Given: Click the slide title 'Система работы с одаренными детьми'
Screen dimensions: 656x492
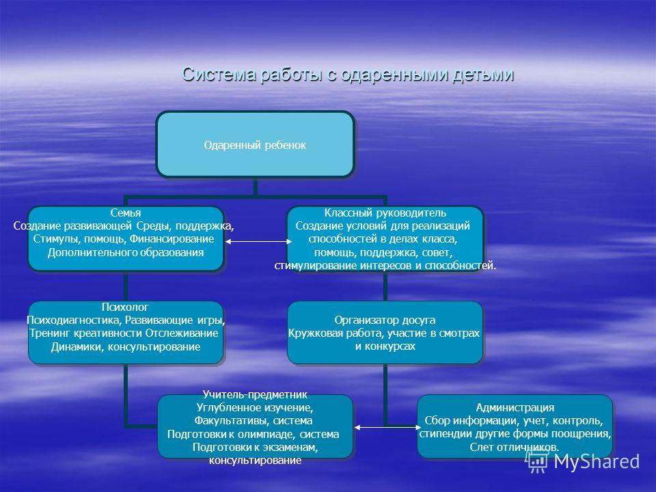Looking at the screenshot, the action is tap(348, 74).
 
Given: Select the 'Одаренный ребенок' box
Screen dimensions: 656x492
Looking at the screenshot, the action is tap(255, 144).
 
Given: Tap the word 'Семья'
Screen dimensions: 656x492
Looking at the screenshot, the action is tap(126, 213).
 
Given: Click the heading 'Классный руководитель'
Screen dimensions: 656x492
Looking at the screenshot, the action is tap(385, 213).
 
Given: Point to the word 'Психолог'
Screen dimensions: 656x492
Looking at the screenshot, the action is tap(125, 307).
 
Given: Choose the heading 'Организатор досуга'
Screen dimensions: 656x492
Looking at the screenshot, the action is tap(385, 320).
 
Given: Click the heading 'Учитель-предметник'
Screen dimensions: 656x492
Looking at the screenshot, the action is tap(255, 394).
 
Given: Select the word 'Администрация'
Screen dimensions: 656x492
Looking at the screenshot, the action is tap(515, 407).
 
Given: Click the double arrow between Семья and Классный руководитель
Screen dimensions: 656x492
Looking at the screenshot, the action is tap(258, 241).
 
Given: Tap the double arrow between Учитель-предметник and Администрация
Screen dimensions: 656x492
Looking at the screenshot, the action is tap(387, 427).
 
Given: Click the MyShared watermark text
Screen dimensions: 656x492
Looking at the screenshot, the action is tap(597, 461).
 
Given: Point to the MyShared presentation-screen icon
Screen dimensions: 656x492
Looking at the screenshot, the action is tap(537, 461).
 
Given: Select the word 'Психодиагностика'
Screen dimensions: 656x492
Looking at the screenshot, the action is tap(74, 320).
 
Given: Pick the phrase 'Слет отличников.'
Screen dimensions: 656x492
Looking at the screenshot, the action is tap(514, 447).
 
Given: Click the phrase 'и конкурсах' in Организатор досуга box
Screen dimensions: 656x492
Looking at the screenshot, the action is tap(385, 346).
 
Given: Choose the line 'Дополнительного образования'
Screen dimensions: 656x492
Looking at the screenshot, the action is tap(126, 253).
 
